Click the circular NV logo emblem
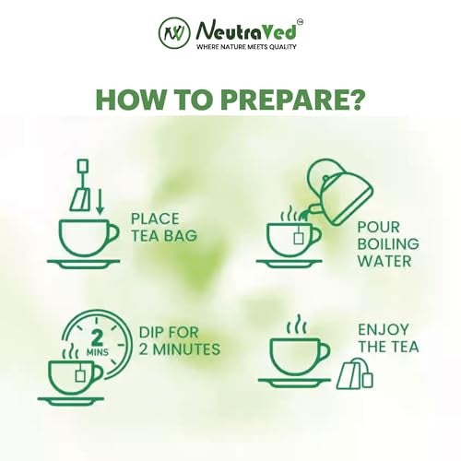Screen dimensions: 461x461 point(174,32)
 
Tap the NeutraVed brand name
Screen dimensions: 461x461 point(246,31)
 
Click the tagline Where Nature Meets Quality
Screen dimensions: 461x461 point(246,47)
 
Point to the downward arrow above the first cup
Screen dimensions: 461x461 point(99,202)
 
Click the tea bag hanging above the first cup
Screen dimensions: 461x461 point(81,185)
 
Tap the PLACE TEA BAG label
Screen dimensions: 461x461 point(164,228)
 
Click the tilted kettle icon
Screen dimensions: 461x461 point(339,191)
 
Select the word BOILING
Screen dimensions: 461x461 point(388,244)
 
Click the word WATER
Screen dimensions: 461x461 point(384,261)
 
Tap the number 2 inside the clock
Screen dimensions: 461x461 point(97,337)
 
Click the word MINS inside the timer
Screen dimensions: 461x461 point(97,352)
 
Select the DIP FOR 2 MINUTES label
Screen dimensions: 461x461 point(180,341)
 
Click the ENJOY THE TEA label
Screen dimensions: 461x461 point(388,338)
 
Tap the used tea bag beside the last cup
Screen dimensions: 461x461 point(355,373)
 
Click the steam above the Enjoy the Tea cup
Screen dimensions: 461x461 point(296,325)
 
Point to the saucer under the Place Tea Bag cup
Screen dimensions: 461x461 point(83,264)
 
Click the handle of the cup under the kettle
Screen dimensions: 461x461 point(316,236)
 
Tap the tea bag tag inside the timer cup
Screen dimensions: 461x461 point(80,376)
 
